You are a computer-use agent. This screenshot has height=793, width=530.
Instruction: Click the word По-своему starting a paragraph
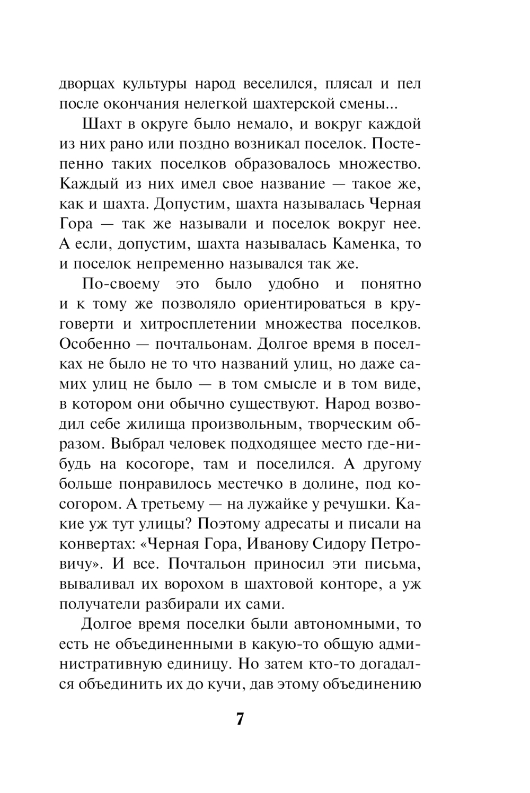(121, 284)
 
